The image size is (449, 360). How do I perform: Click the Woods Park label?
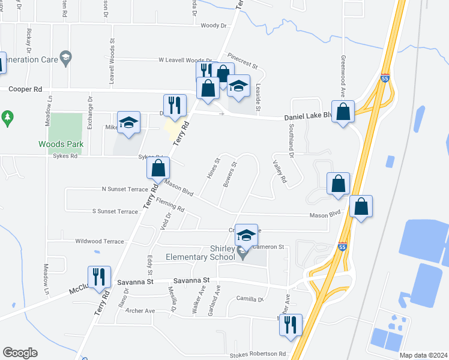click(x=60, y=144)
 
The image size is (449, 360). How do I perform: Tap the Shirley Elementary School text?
click(x=221, y=253)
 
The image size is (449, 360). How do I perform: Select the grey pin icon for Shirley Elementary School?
click(x=243, y=254)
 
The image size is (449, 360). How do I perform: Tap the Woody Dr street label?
click(x=214, y=25)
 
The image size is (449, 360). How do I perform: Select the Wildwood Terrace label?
click(x=99, y=241)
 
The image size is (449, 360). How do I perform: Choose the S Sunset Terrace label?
click(x=115, y=211)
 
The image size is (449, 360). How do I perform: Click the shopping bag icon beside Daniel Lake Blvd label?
click(x=343, y=112)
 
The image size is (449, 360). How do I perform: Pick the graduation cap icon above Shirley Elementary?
click(x=246, y=235)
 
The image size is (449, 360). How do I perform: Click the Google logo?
click(x=20, y=353)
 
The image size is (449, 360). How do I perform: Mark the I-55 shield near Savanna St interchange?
click(x=341, y=248)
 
